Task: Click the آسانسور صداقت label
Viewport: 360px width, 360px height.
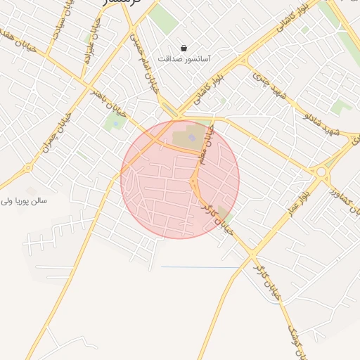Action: click(x=185, y=60)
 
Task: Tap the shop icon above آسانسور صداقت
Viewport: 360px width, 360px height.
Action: click(x=184, y=49)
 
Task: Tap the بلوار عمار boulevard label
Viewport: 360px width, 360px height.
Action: click(x=295, y=202)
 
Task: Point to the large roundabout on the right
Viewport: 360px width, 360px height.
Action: click(x=322, y=172)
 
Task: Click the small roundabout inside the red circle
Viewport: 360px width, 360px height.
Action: click(x=193, y=184)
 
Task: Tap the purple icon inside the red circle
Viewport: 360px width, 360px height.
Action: click(x=192, y=137)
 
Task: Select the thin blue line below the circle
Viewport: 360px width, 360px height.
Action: click(x=200, y=267)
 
